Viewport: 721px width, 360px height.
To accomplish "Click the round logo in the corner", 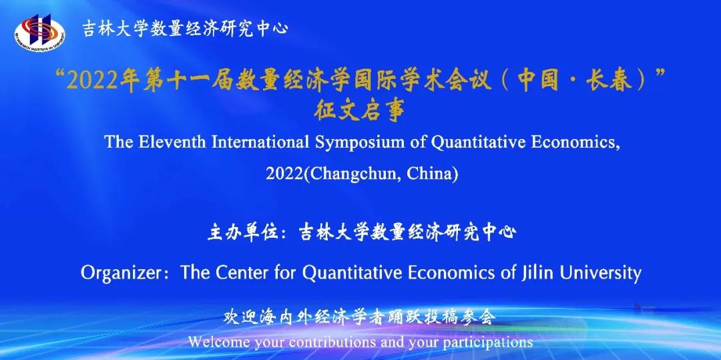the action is [40, 32].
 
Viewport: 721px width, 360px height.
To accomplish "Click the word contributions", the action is [328, 342].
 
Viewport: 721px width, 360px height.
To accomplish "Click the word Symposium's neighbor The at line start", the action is [119, 142].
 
